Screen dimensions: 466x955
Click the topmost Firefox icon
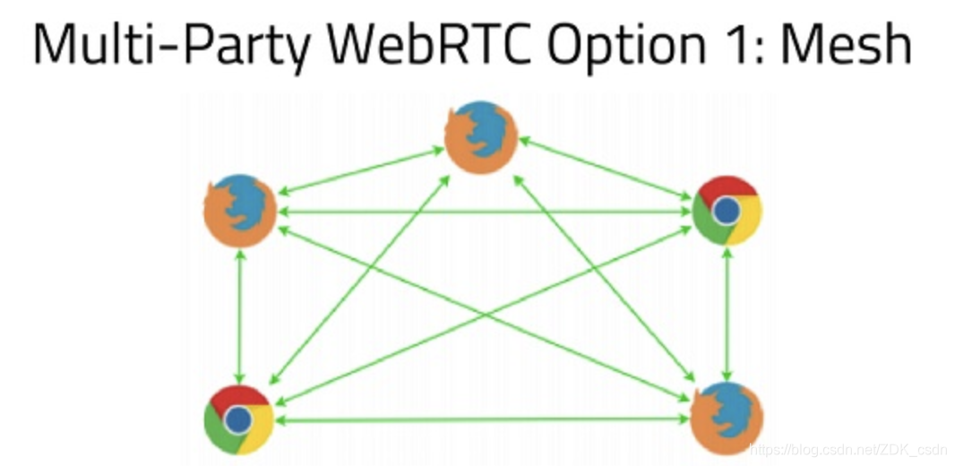(x=482, y=137)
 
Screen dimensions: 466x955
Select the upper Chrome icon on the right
(x=727, y=211)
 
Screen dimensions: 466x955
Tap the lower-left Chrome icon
(x=238, y=419)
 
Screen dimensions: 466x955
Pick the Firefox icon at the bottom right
(x=727, y=417)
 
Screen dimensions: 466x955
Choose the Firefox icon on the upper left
(x=238, y=211)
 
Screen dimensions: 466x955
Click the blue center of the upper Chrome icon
(x=727, y=211)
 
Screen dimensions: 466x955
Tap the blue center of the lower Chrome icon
(x=238, y=419)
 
